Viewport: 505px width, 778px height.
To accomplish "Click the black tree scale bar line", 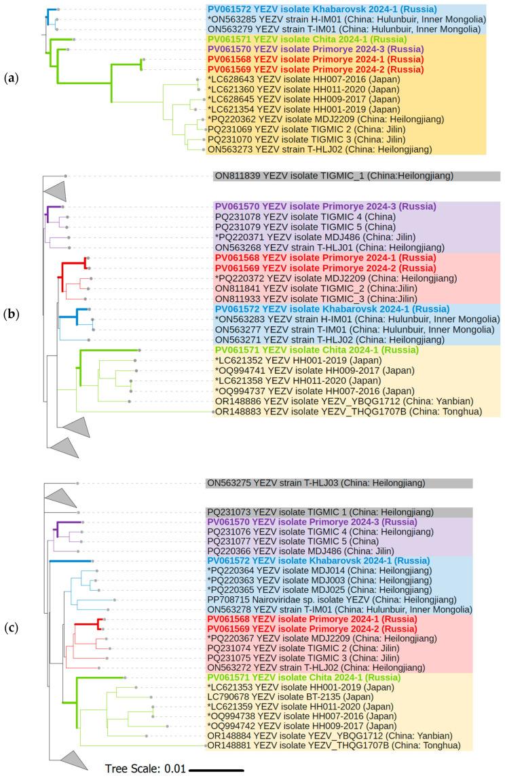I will tap(217, 770).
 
